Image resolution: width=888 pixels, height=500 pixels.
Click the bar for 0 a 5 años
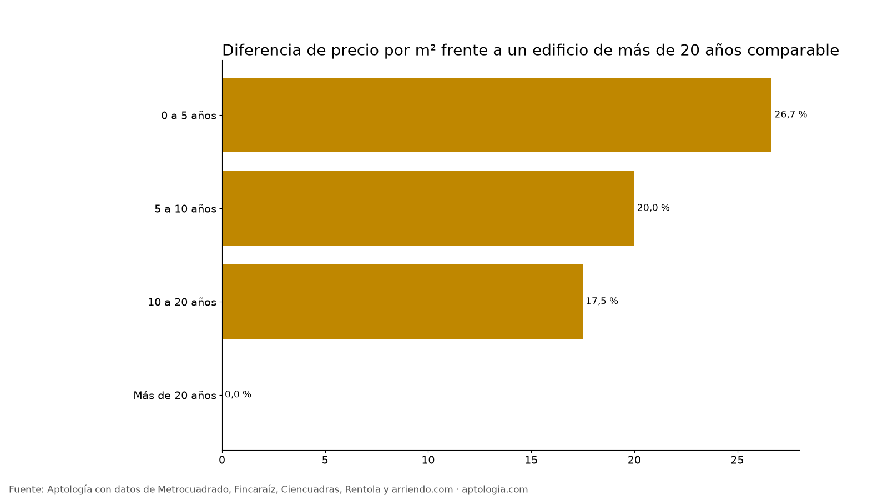pyautogui.click(x=497, y=115)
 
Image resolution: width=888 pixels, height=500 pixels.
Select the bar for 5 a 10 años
pyautogui.click(x=428, y=208)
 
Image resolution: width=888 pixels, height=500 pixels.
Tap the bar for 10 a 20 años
pyautogui.click(x=402, y=302)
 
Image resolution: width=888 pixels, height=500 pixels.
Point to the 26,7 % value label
pyautogui.click(x=790, y=114)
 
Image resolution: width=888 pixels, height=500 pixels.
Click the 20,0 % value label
pyautogui.click(x=653, y=208)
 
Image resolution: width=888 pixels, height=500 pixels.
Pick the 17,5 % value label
pyautogui.click(x=602, y=301)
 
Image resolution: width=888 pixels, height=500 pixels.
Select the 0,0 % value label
pyautogui.click(x=238, y=394)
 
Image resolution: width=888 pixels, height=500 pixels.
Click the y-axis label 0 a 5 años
pyautogui.click(x=189, y=116)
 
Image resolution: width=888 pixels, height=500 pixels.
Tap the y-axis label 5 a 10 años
pyautogui.click(x=185, y=209)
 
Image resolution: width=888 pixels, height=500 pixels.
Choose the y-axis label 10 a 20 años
pyautogui.click(x=182, y=302)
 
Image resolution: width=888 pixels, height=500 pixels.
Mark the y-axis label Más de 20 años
pyautogui.click(x=175, y=396)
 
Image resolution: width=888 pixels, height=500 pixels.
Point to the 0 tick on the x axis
pyautogui.click(x=222, y=460)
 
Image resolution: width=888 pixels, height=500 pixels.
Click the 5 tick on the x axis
pyautogui.click(x=325, y=460)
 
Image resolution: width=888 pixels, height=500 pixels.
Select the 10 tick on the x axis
pyautogui.click(x=428, y=460)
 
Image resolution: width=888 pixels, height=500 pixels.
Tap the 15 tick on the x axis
pyautogui.click(x=531, y=460)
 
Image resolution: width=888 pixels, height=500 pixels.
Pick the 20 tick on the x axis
pyautogui.click(x=634, y=460)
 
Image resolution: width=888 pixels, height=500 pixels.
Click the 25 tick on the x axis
pyautogui.click(x=738, y=460)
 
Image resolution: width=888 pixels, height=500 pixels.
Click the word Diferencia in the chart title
pyautogui.click(x=261, y=51)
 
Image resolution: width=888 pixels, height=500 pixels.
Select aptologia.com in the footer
pyautogui.click(x=495, y=490)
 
